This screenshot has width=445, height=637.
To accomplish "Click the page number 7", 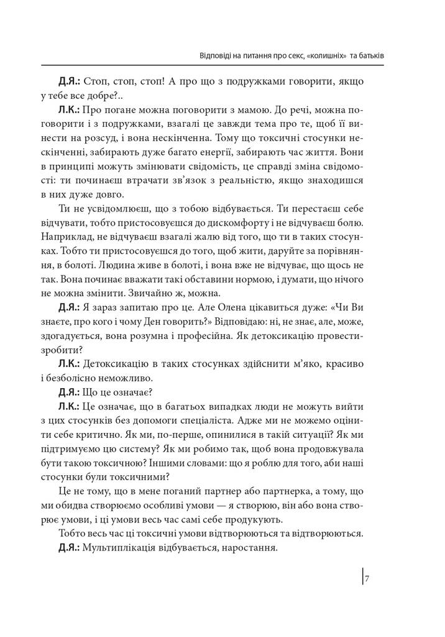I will tap(368, 579).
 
